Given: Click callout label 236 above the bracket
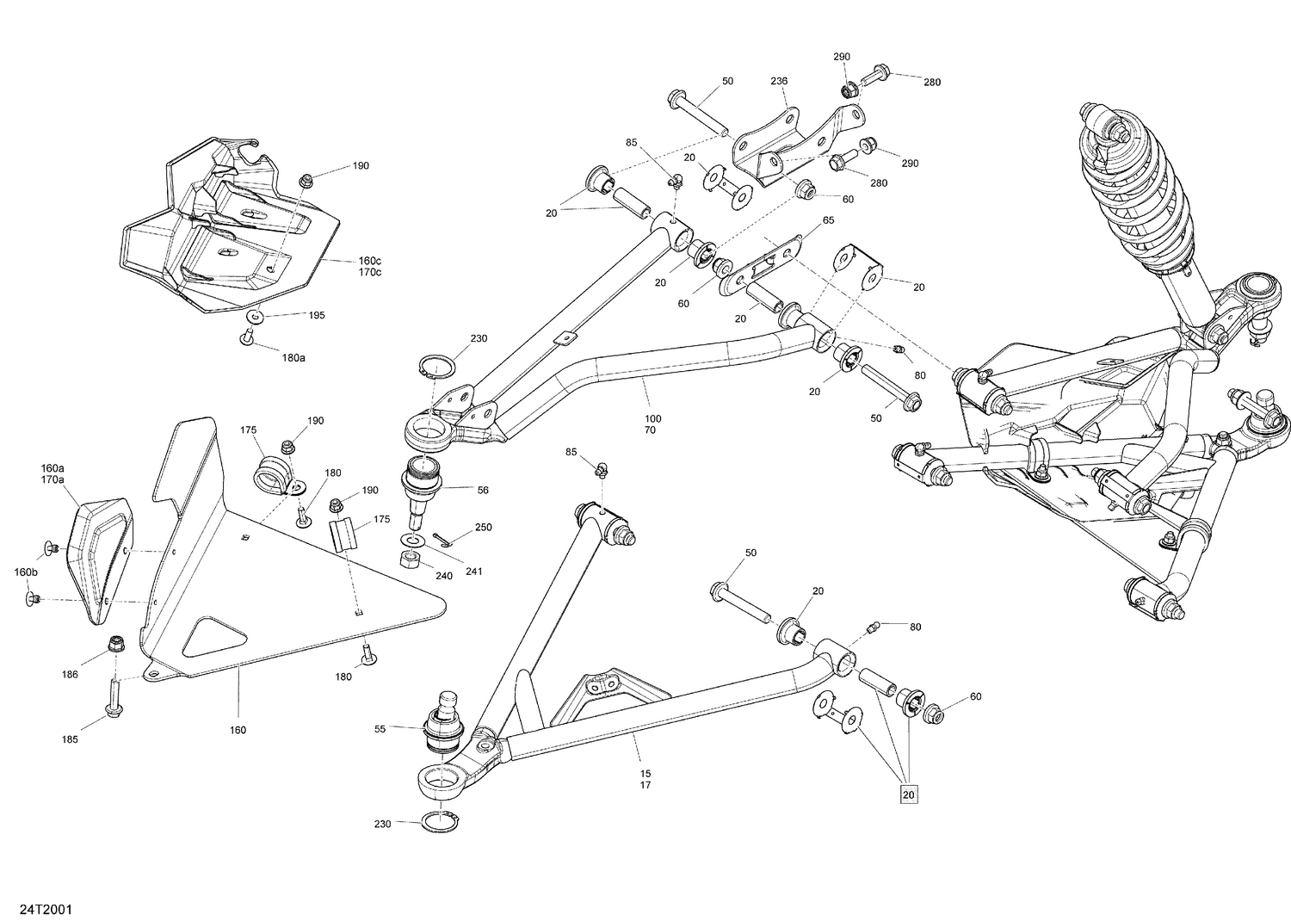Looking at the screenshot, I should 778,81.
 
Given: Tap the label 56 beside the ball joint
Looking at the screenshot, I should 483,490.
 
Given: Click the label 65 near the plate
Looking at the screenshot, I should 828,221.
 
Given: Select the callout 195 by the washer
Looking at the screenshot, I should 316,315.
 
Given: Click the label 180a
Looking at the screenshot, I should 293,357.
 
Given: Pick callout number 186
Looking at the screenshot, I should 70,674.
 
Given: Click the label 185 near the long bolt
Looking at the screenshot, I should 69,739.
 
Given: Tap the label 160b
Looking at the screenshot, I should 26,572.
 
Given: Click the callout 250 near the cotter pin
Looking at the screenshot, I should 483,527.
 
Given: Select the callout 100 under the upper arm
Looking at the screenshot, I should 652,418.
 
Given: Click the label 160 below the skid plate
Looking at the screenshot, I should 238,730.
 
